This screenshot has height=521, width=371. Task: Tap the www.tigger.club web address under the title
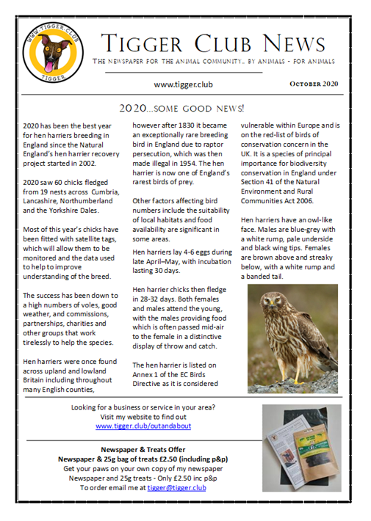click(x=184, y=84)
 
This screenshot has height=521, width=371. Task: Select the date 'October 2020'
click(x=314, y=84)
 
